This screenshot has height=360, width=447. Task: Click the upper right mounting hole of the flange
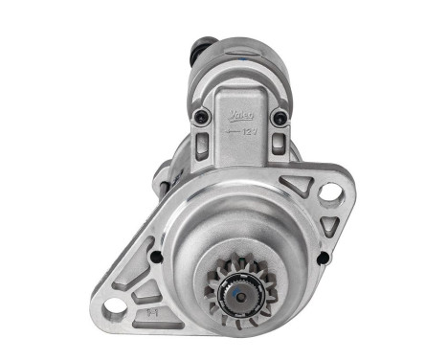330,191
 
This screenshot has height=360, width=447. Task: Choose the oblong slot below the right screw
278,144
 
